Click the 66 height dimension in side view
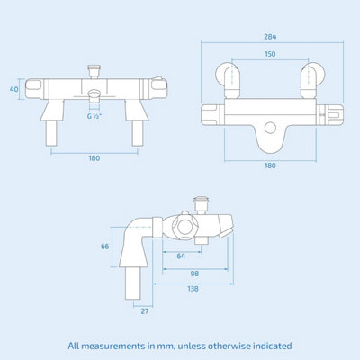(x=104, y=247)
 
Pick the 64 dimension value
(x=183, y=256)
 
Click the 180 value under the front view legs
(x=94, y=159)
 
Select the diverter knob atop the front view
(x=94, y=68)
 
